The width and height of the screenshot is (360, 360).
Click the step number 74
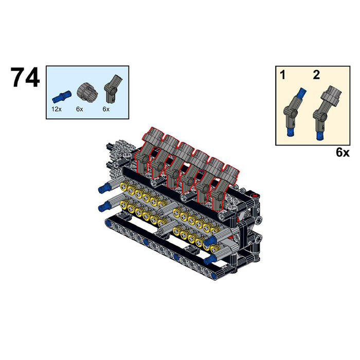25,78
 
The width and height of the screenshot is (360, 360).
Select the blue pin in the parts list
62,97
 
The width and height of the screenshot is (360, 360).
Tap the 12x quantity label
57,109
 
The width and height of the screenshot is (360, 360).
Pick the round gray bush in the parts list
87,93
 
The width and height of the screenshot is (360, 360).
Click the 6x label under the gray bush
79,109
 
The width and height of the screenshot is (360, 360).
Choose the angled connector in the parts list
113,89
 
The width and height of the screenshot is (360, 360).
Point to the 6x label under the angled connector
106,109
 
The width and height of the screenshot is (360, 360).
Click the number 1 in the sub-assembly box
283,75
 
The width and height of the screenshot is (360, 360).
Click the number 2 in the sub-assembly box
316,75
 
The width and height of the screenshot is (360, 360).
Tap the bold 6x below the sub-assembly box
343,152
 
